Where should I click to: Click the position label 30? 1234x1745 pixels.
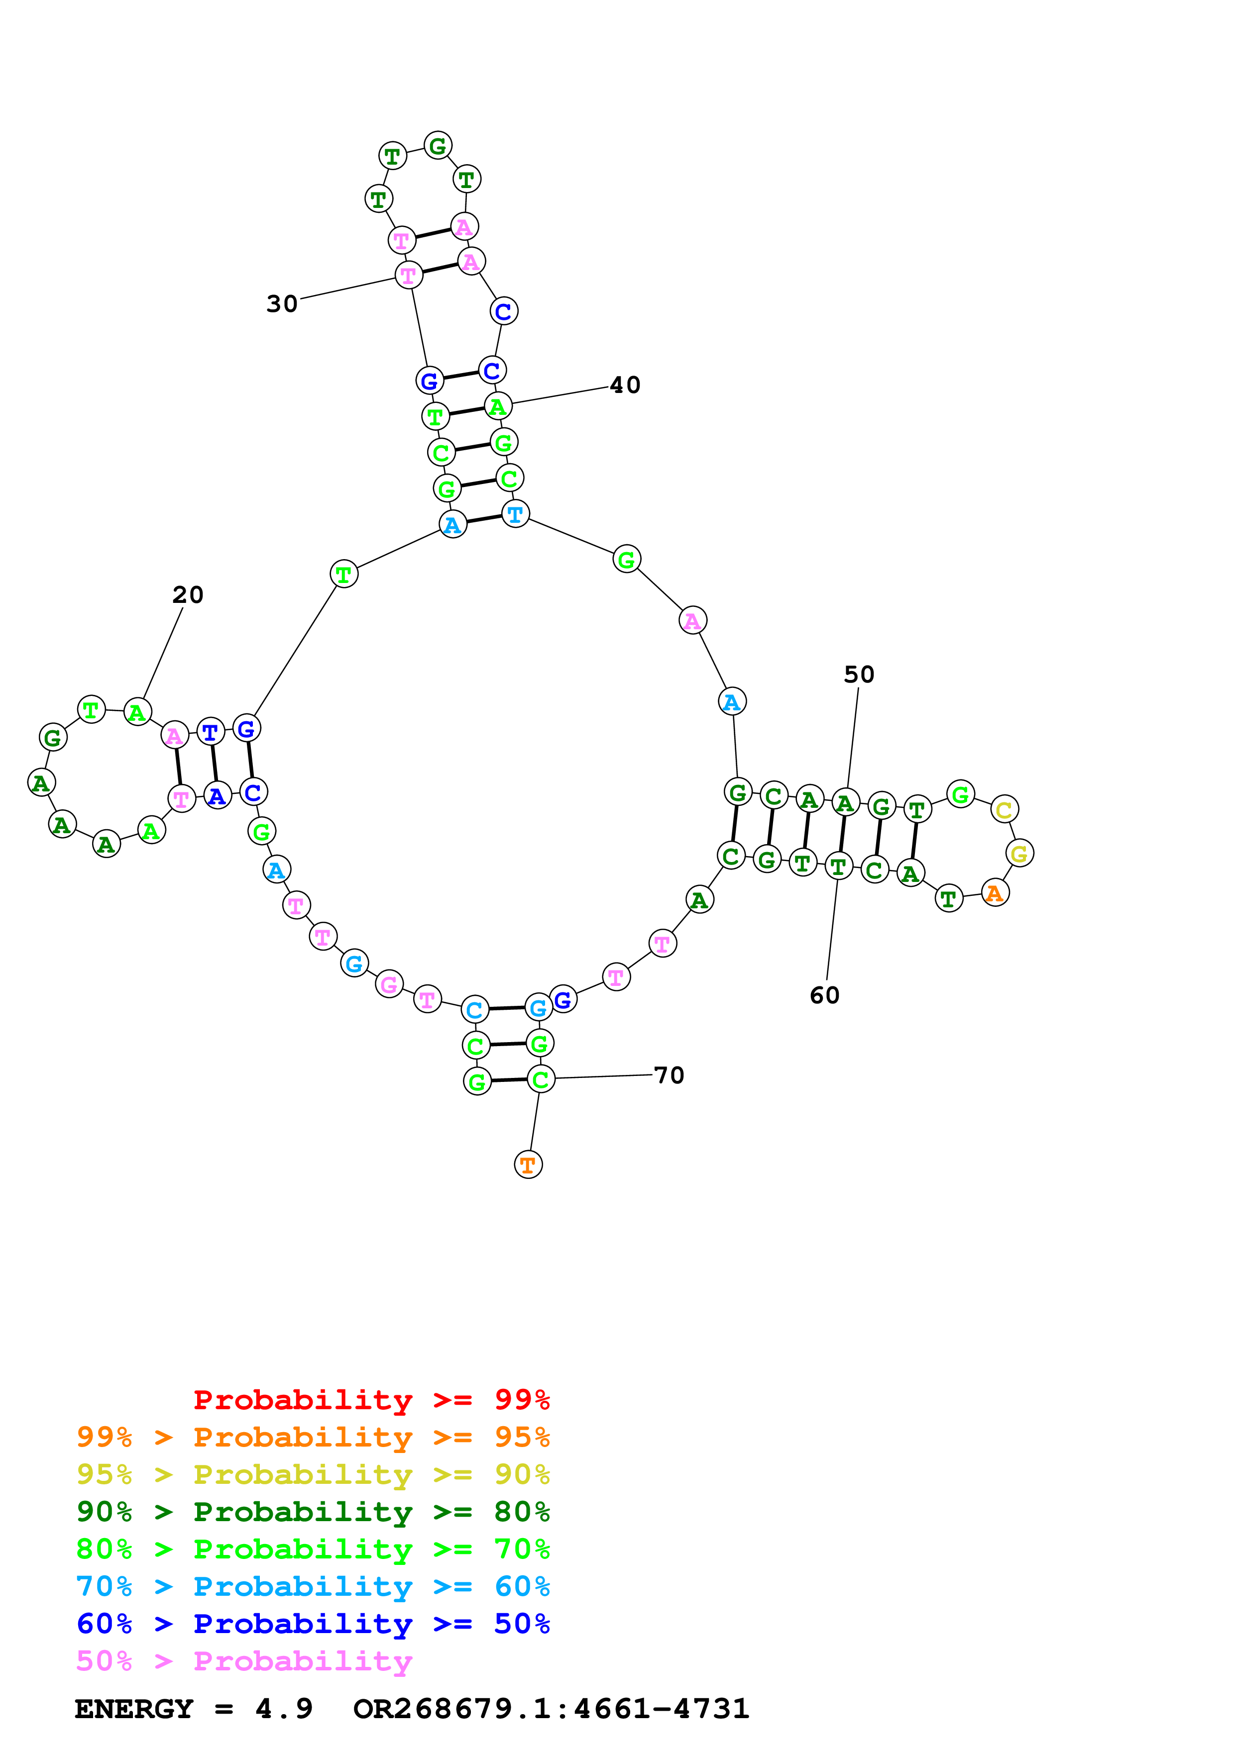tap(282, 304)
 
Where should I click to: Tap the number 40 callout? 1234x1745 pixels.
tap(625, 386)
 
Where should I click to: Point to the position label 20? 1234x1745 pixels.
tap(188, 595)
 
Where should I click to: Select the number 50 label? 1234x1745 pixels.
tap(859, 675)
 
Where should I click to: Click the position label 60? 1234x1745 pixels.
tap(824, 996)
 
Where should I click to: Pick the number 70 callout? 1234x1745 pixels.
tap(669, 1075)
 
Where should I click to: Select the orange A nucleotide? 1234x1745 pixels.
tap(995, 893)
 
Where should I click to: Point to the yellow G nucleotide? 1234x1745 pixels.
tap(1019, 854)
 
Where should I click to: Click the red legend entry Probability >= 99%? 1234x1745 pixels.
tap(371, 1399)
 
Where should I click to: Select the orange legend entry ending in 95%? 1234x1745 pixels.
tap(313, 1437)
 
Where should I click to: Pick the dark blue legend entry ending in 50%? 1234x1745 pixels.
tap(313, 1624)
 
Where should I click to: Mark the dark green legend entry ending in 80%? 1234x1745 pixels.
tap(313, 1512)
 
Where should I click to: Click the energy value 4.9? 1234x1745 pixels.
tap(284, 1709)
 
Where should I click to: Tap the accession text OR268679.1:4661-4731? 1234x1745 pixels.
tap(551, 1709)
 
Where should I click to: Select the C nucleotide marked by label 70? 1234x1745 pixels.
tap(541, 1079)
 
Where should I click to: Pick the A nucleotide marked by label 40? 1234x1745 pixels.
tap(498, 406)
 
